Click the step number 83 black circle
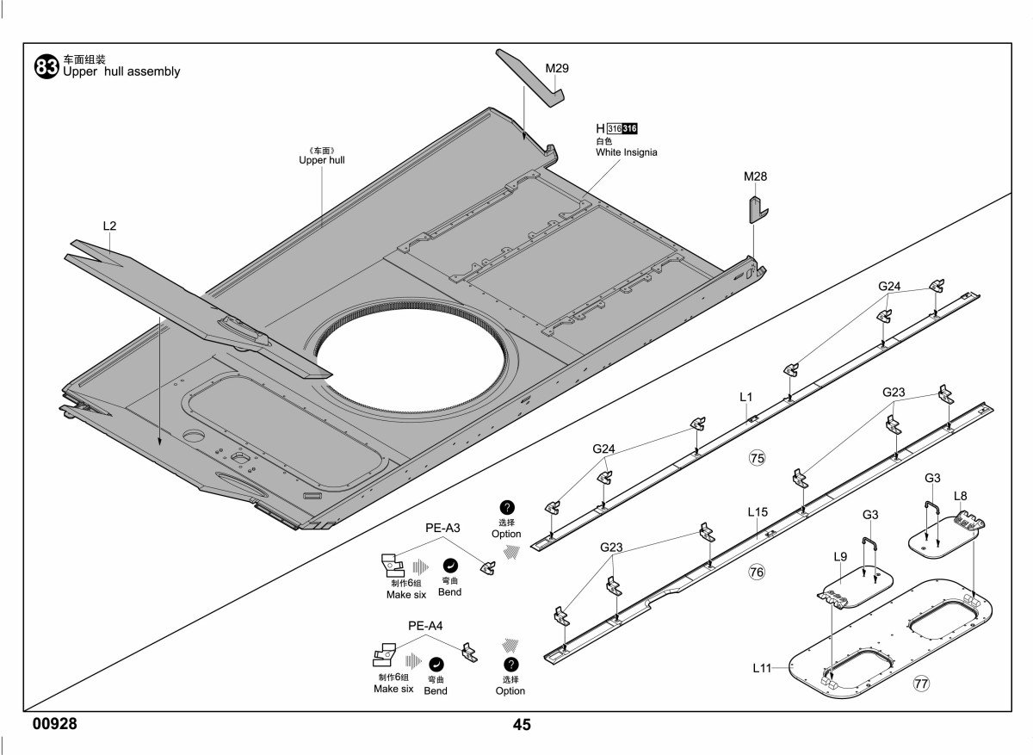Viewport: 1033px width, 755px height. [46, 67]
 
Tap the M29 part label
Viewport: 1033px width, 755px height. [557, 68]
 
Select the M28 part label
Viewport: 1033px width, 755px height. [756, 176]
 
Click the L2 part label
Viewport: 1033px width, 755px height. [110, 226]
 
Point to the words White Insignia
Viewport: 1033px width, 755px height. [627, 152]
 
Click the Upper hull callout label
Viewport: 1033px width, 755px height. [321, 160]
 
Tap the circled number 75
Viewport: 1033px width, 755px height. [757, 458]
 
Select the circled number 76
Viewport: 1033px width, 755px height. [757, 572]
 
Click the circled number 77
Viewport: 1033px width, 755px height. [921, 684]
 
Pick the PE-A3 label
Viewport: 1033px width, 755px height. [442, 528]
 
